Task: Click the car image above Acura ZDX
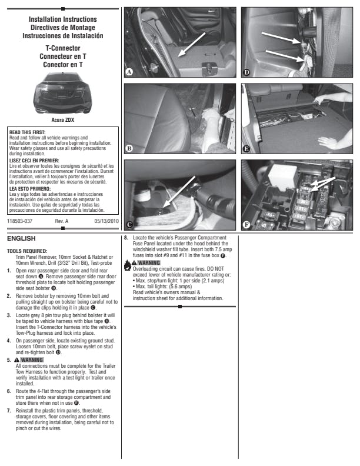(63, 93)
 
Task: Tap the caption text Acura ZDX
(63, 120)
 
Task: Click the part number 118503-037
(19, 221)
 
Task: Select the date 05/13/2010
(106, 221)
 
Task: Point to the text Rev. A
(62, 221)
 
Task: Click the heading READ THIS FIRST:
(27, 132)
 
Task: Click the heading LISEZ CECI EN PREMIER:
(34, 161)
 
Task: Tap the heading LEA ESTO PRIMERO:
(30, 189)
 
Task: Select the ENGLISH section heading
(21, 238)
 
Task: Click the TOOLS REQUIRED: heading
(27, 251)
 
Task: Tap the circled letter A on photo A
(129, 72)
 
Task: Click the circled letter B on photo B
(129, 148)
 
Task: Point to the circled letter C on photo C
(129, 225)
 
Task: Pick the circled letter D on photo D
(246, 72)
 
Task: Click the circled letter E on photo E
(246, 149)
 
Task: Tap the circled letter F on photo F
(246, 225)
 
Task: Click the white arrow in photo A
(192, 44)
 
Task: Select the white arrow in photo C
(179, 192)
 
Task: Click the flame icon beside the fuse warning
(127, 265)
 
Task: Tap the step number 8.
(126, 238)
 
